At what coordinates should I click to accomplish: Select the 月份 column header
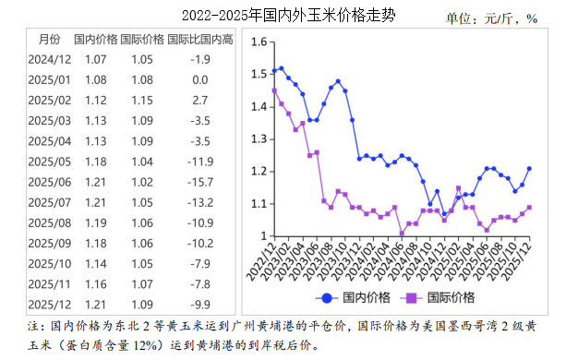(x=49, y=39)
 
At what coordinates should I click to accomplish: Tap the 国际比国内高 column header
(x=200, y=39)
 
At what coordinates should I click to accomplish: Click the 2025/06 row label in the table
(x=49, y=181)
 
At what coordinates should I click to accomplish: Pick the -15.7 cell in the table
(x=200, y=181)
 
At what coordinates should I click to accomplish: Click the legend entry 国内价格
(x=355, y=297)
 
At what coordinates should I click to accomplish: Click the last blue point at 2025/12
(x=529, y=169)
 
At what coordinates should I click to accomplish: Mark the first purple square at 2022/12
(x=274, y=90)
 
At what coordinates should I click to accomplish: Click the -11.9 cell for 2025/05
(x=200, y=161)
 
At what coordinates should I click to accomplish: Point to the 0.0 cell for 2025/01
(x=200, y=79)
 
